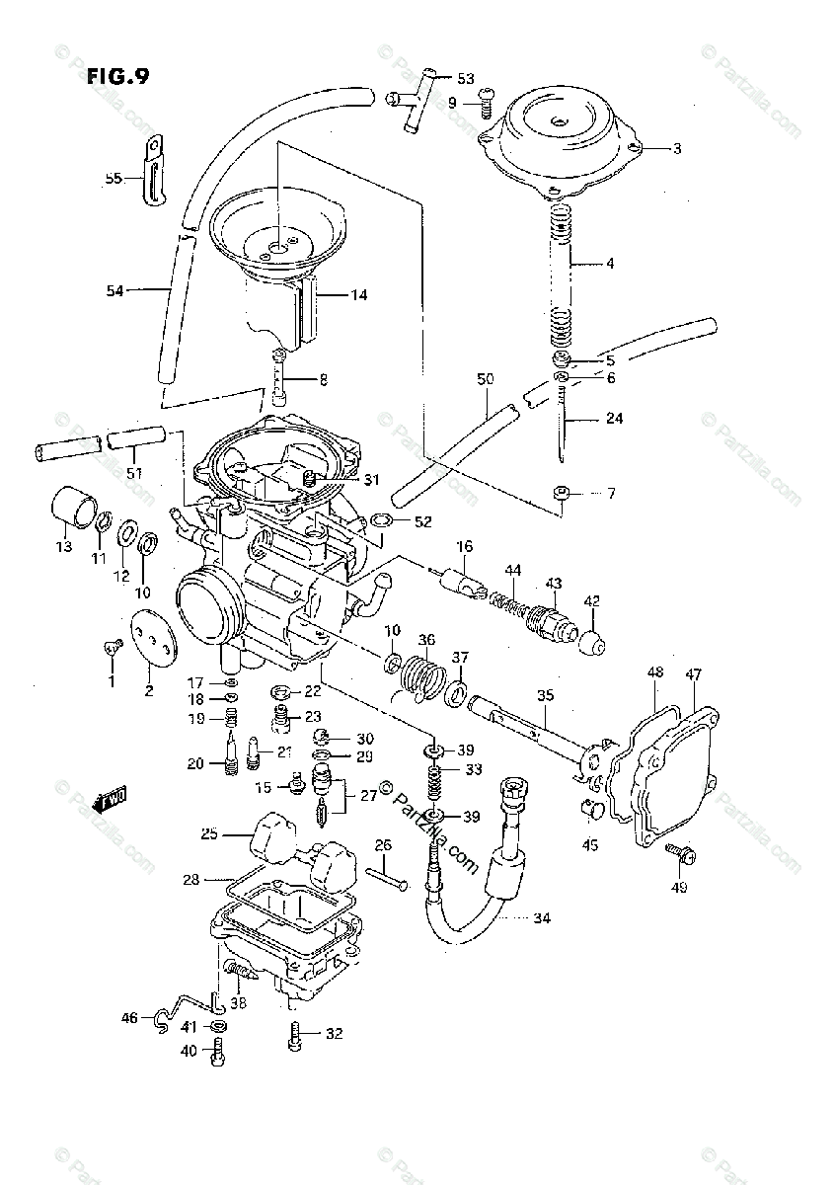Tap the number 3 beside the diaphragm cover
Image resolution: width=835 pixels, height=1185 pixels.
677,149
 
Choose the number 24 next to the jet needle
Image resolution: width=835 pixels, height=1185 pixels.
614,418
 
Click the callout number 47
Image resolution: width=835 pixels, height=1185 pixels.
694,674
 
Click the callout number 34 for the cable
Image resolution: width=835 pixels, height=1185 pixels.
541,918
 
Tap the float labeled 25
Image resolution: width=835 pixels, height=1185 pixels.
270,834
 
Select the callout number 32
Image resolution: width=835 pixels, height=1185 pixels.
334,1034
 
